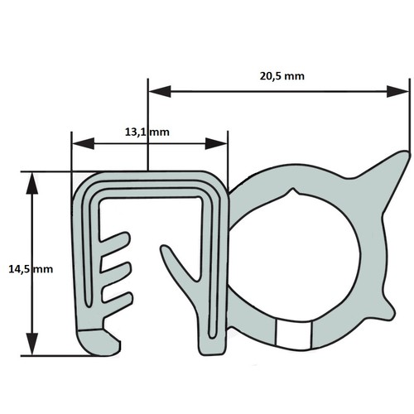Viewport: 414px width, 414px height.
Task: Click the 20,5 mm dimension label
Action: (282, 76)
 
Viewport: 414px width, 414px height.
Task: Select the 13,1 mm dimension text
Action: (147, 132)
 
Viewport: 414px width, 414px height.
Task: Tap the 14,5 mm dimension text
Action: (31, 269)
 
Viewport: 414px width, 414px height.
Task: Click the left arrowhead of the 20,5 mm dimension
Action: (160, 91)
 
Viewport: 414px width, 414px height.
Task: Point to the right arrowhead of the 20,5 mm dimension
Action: (397, 91)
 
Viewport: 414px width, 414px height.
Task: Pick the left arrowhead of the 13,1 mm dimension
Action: (83, 143)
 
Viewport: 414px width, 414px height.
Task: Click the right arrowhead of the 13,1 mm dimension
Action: (216, 143)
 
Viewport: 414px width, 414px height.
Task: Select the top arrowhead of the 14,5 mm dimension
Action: (32, 184)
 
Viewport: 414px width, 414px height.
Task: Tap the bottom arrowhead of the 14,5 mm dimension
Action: (32, 344)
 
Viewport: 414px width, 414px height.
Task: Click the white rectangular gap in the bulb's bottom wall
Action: (294, 335)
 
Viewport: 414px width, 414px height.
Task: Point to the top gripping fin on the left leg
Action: (114, 240)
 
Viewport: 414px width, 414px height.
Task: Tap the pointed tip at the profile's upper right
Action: (406, 152)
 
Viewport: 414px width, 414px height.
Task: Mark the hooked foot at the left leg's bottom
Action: (99, 342)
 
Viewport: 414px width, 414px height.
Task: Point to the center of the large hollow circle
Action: (294, 255)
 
